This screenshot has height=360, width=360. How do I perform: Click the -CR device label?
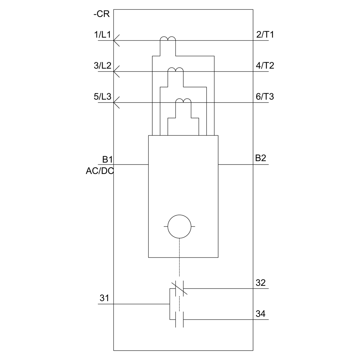point(102,14)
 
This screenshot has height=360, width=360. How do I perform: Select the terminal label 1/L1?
point(102,35)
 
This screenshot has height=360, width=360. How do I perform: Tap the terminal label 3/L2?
point(102,66)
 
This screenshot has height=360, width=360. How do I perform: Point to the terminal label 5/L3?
point(102,96)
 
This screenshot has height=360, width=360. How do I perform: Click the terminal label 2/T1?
point(265,35)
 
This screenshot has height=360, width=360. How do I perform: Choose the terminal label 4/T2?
point(265,66)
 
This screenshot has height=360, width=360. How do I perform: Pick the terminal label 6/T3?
point(265,96)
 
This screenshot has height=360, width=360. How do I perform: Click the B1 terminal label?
point(107,159)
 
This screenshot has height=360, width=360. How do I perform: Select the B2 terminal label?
point(261,158)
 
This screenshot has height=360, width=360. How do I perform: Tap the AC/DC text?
point(100,171)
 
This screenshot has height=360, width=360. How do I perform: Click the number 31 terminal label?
point(104,298)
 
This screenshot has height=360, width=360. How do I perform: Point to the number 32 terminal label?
point(261,283)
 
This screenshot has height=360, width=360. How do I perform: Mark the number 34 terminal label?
point(261,314)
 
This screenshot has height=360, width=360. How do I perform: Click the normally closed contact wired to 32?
point(180,289)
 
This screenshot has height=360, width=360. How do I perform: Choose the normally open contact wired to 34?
point(180,319)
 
